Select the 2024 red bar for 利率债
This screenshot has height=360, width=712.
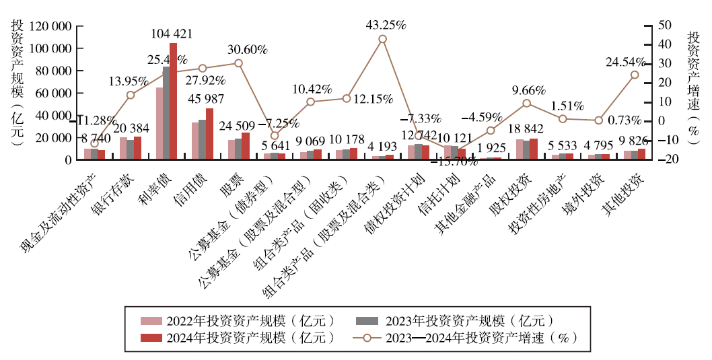174,101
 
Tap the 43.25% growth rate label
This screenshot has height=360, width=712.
386,25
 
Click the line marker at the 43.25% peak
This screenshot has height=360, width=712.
383,39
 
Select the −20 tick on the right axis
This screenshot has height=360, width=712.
666,159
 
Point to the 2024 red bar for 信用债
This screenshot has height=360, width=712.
210,134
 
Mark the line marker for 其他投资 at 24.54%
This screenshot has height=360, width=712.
635,75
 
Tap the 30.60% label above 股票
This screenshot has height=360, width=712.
248,50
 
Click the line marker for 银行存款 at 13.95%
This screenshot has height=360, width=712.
131,95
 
